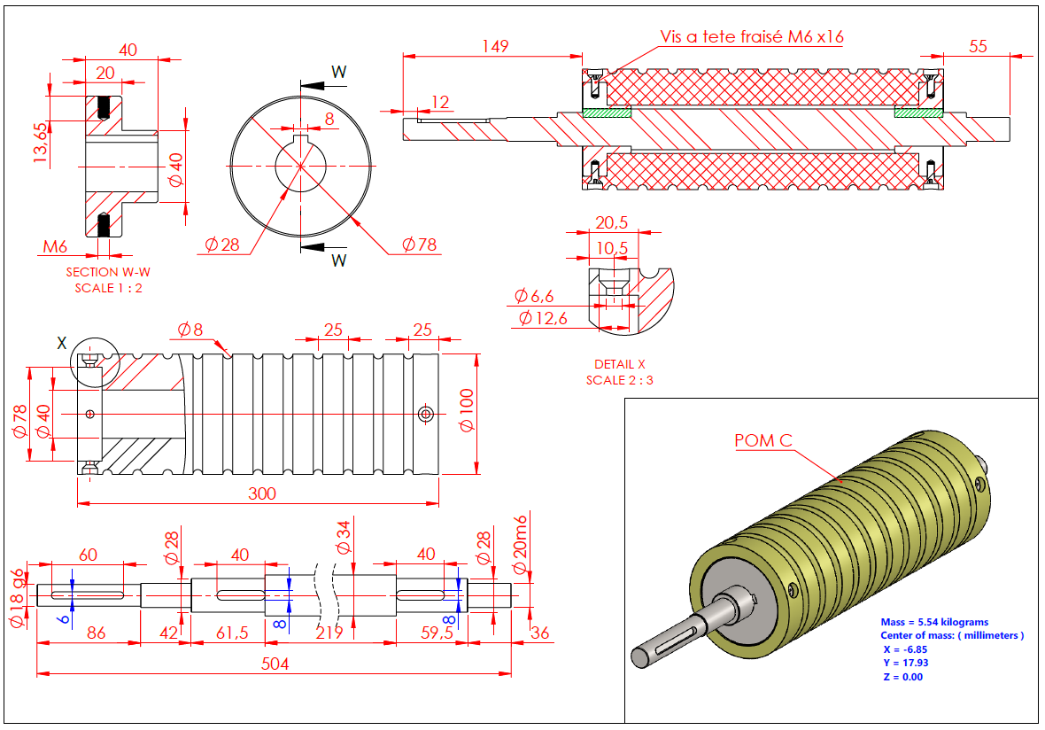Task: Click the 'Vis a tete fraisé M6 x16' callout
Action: pos(751,37)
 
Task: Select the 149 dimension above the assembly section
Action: pos(495,46)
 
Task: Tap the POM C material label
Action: pos(763,440)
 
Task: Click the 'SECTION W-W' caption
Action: pos(103,272)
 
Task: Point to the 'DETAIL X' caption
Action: pos(615,364)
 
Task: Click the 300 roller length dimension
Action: pos(262,493)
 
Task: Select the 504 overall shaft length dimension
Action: pos(275,664)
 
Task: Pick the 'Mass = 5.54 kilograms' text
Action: pos(934,623)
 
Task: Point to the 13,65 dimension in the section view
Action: pos(40,142)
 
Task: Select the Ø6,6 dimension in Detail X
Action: pos(537,297)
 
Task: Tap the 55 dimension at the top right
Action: pos(977,47)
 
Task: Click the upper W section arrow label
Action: pos(338,71)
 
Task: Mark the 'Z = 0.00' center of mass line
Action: pos(902,677)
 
